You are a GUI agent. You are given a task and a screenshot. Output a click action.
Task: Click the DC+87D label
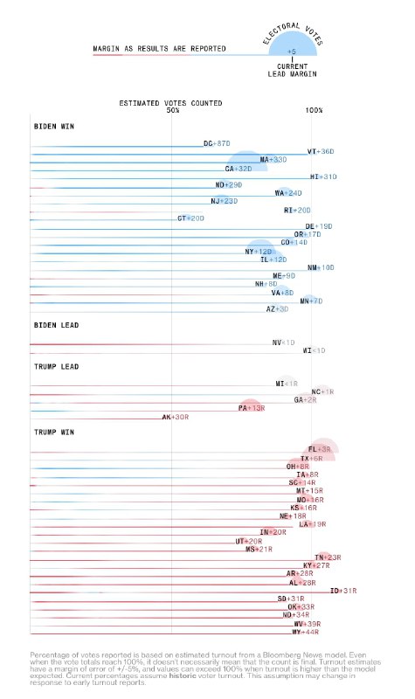tap(216, 143)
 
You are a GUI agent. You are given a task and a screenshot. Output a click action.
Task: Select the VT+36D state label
tap(321, 152)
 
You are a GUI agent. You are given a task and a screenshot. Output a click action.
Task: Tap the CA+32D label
tap(239, 169)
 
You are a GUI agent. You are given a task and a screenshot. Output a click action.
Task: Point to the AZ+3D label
tap(277, 308)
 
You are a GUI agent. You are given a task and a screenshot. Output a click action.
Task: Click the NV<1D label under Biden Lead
tap(283, 343)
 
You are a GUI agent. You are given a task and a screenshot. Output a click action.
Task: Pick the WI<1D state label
tap(313, 350)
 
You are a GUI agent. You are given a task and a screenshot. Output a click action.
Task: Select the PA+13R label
tap(252, 408)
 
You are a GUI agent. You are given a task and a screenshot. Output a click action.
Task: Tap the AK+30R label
tap(175, 418)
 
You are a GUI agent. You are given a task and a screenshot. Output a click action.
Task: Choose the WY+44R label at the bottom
tap(305, 632)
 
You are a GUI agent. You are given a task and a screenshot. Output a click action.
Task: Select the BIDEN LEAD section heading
tap(56, 325)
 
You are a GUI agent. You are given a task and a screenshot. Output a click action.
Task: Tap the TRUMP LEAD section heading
tap(56, 366)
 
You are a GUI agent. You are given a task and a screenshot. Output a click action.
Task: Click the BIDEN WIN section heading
tap(53, 126)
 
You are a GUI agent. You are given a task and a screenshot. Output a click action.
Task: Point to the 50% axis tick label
tap(172, 111)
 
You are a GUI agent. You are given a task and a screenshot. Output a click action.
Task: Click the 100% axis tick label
tap(314, 111)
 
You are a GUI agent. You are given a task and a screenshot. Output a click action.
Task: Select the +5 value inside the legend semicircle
tap(291, 52)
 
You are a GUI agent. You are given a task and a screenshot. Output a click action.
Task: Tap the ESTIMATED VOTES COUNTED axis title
tap(170, 103)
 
